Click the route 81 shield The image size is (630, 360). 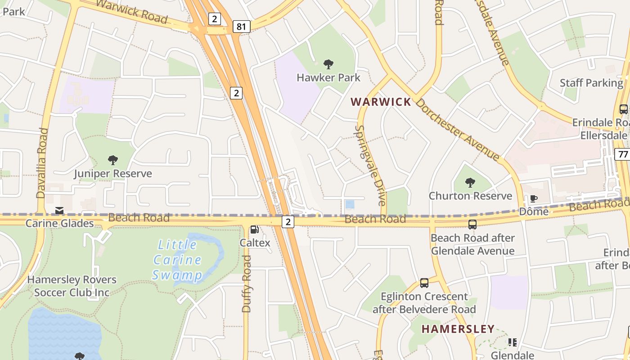(241, 27)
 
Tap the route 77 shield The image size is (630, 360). (623, 154)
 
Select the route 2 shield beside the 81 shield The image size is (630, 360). (215, 19)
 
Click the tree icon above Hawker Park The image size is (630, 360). (328, 64)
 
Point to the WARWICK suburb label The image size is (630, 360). (381, 102)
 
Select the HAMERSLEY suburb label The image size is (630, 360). (458, 329)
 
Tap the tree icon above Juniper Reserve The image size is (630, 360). (113, 160)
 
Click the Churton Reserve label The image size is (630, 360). (470, 196)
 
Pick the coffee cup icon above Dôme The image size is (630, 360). (534, 198)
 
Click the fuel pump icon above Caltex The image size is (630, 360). (254, 229)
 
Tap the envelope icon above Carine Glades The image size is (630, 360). (59, 211)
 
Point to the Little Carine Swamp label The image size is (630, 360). (177, 260)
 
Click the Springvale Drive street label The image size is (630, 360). (371, 165)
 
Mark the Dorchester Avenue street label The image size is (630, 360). (458, 129)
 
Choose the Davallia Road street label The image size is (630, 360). (42, 163)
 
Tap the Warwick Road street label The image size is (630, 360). (131, 12)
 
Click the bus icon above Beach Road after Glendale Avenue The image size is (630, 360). (472, 224)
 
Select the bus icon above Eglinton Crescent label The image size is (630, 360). (424, 283)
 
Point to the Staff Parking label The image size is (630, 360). (591, 83)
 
